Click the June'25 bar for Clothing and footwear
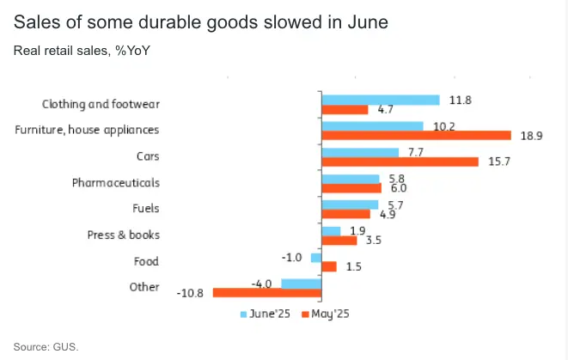point(380,100)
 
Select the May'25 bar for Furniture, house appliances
point(416,136)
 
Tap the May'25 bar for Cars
point(400,162)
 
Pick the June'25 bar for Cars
point(359,152)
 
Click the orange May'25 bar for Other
point(266,293)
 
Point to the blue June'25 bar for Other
point(301,283)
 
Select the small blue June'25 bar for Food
point(315,257)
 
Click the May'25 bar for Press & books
point(339,241)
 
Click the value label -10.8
point(192,293)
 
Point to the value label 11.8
point(461,100)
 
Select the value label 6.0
point(398,188)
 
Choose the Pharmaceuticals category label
point(115,183)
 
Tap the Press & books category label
point(124,235)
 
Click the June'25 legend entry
point(268,314)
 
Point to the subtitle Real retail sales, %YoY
point(82,50)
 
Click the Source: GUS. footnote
point(46,346)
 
